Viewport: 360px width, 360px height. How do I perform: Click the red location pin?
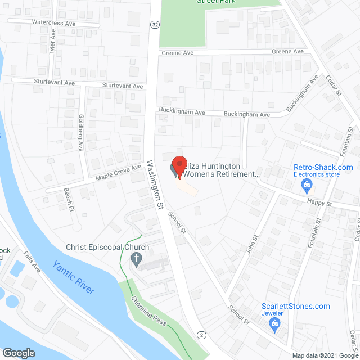[179, 167]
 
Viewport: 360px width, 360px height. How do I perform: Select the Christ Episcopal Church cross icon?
[136, 259]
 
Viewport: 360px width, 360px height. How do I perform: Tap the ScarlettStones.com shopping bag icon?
[274, 322]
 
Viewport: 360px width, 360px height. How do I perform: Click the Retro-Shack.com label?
[323, 167]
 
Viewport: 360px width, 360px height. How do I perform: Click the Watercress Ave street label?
[38, 23]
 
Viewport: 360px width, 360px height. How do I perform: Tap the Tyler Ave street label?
[53, 42]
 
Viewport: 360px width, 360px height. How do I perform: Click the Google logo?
[19, 353]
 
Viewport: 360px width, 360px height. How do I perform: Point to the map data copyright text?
[323, 355]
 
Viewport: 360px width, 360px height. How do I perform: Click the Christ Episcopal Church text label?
[107, 247]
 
